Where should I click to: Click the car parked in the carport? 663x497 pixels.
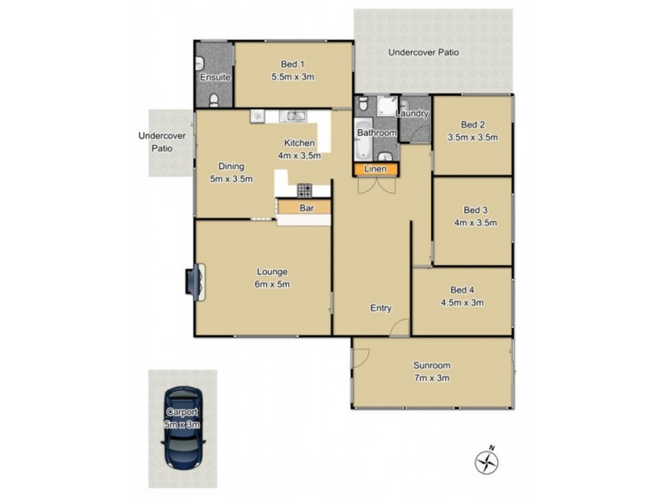[182, 429]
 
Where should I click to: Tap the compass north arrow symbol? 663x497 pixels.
[486, 461]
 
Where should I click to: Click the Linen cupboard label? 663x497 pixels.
[375, 170]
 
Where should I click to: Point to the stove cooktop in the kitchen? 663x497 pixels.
[304, 189]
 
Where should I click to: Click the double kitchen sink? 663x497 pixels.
[293, 116]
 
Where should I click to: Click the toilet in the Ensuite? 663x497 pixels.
[215, 100]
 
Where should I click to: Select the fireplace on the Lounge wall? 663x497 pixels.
[195, 282]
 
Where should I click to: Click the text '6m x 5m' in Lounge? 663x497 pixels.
[272, 286]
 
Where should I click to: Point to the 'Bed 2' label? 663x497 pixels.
[472, 125]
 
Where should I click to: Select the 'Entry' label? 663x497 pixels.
[380, 308]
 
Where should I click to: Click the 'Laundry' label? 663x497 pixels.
[413, 113]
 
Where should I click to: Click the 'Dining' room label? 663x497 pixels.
[230, 166]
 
